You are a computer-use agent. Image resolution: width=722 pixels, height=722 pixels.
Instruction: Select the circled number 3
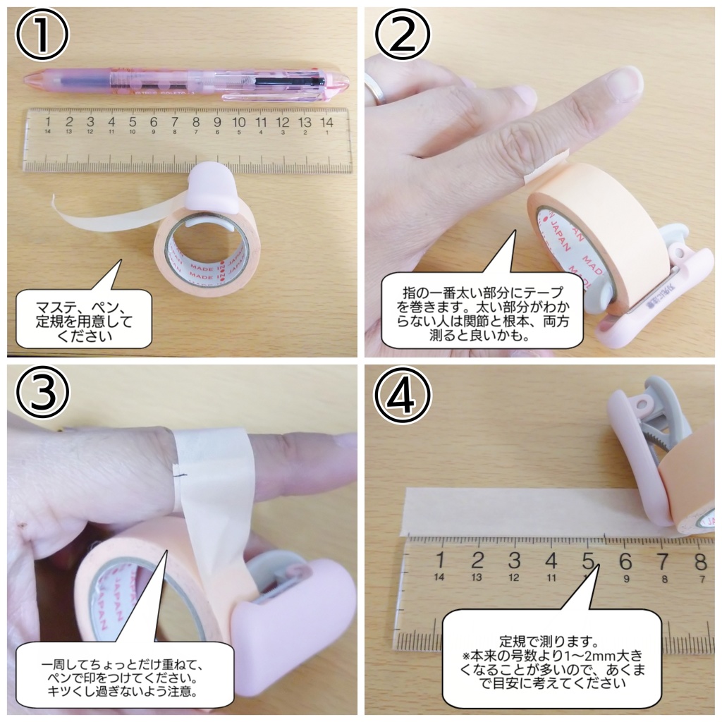[x=42, y=396]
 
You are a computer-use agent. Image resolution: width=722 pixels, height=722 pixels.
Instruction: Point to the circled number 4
[x=402, y=396]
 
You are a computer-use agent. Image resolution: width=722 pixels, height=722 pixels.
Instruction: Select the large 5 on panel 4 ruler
[x=587, y=561]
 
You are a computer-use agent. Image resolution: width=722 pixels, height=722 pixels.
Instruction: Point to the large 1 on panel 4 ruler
[x=440, y=561]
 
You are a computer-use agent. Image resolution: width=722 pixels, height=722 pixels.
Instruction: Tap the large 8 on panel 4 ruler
[x=699, y=561]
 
